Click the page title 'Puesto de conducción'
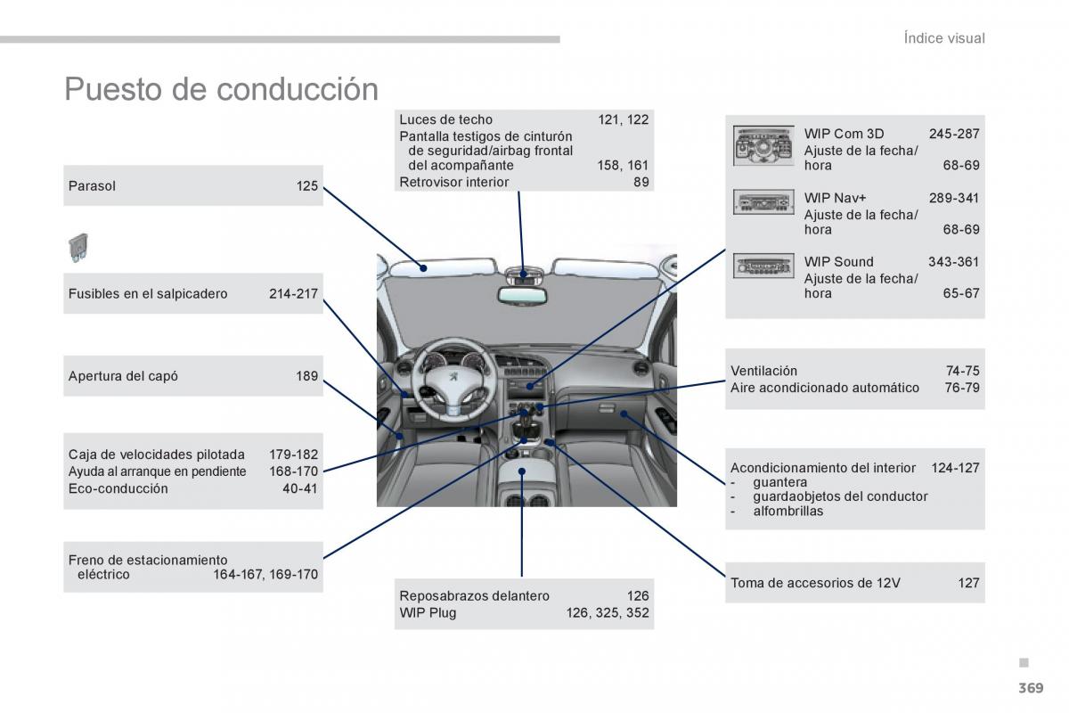(x=221, y=89)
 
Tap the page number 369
(x=1031, y=687)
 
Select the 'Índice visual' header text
(x=943, y=38)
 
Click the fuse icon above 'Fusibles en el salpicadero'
(x=78, y=248)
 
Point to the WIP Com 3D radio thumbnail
(x=763, y=146)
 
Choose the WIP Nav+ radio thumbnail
(x=763, y=203)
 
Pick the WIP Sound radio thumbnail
(x=763, y=266)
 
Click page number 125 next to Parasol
(x=307, y=186)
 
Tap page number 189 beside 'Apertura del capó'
(x=307, y=376)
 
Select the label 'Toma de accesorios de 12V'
(x=815, y=583)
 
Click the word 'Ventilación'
(x=763, y=371)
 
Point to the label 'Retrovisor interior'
(x=454, y=182)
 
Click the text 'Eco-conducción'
(x=118, y=488)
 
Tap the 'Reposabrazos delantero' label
(x=474, y=595)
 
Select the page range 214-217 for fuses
(x=293, y=293)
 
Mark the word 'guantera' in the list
(x=779, y=482)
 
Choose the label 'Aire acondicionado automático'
(x=824, y=388)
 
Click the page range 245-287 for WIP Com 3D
(x=953, y=134)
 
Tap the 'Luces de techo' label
(x=445, y=119)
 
